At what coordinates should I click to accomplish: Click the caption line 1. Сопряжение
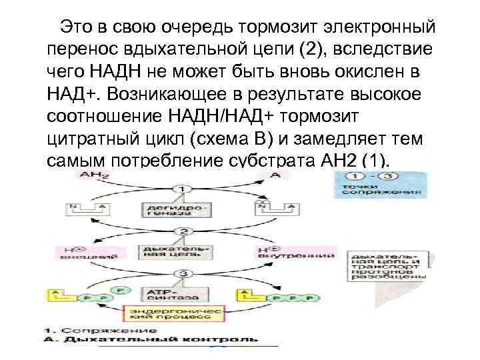pos(100,329)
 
